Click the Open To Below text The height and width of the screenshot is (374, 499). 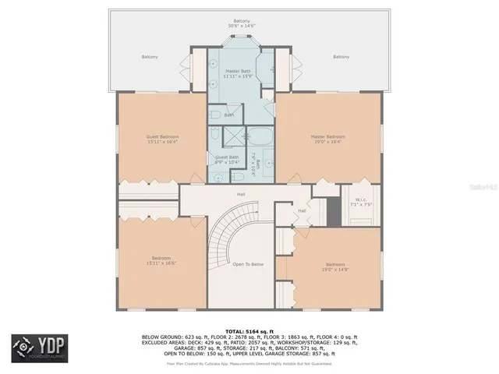click(x=248, y=265)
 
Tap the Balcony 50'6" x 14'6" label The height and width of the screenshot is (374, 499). click(x=242, y=24)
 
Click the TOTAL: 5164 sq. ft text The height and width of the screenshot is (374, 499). click(x=249, y=331)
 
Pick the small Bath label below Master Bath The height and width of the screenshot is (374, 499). click(x=228, y=115)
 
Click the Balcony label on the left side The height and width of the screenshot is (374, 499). click(x=150, y=57)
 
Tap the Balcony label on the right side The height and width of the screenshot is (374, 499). click(x=341, y=57)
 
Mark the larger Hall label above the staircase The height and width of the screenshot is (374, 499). click(x=242, y=194)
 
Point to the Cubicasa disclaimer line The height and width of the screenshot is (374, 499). click(x=249, y=363)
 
